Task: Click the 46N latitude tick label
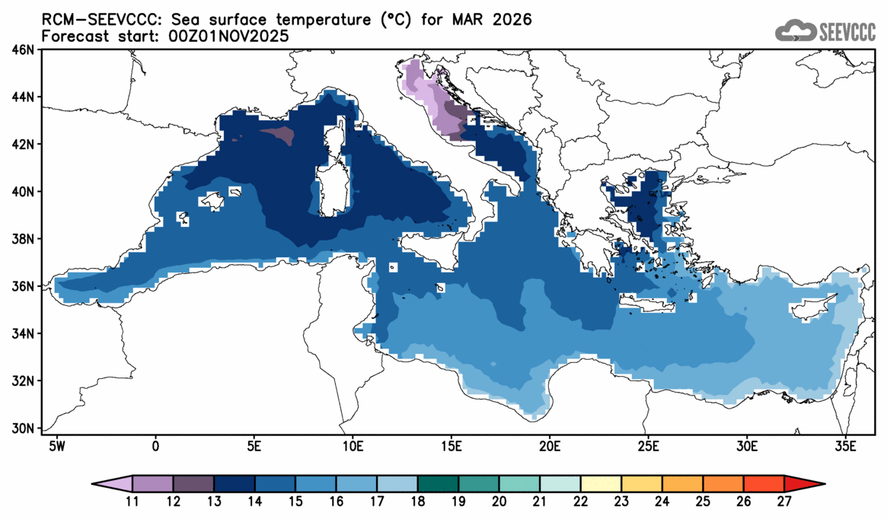[x=24, y=50]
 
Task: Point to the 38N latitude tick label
[x=24, y=239]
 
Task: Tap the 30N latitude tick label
[x=24, y=428]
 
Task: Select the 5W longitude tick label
[x=56, y=444]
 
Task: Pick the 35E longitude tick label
[x=845, y=444]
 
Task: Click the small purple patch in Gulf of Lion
[x=277, y=135]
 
